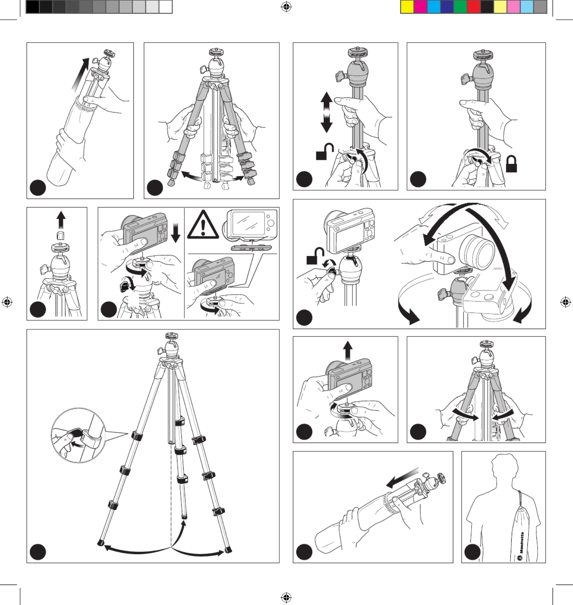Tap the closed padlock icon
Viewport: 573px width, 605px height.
(511, 164)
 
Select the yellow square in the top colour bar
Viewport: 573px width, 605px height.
(407, 7)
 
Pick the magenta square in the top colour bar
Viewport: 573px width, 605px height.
(420, 7)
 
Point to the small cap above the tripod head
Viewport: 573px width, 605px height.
(61, 235)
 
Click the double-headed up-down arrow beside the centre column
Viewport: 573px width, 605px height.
(326, 112)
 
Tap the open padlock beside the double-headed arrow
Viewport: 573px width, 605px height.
(324, 152)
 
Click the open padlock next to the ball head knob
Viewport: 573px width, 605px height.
(315, 256)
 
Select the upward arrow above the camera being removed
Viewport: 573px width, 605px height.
(347, 351)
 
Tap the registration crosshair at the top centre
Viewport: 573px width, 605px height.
(286, 6)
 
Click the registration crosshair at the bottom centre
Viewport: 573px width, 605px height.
(286, 597)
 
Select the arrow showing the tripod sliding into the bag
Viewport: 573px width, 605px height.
(402, 478)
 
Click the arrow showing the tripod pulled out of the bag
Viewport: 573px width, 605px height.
(80, 75)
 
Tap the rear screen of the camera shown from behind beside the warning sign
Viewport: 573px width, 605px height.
(248, 223)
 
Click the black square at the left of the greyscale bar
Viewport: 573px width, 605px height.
(33, 7)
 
